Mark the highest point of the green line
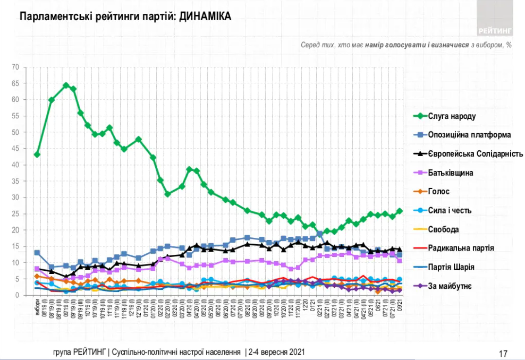point(66,85)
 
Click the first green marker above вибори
point(37,155)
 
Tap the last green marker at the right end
point(399,211)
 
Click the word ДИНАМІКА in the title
point(205,16)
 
